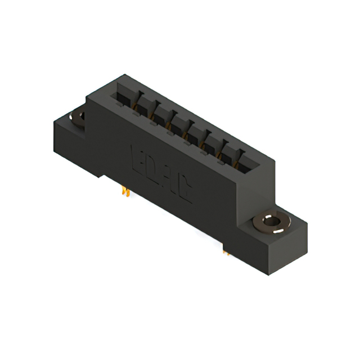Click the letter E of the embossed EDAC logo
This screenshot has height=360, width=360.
click(137, 155)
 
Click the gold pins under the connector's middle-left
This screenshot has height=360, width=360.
click(125, 192)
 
